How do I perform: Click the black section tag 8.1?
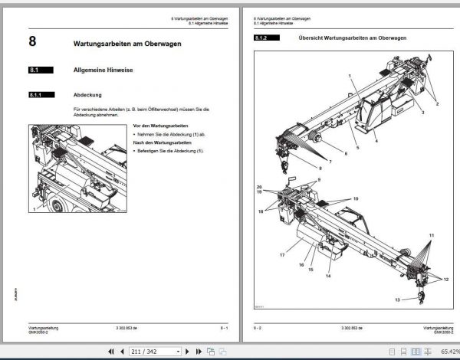[x=39, y=70]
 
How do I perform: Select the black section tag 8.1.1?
[x=39, y=97]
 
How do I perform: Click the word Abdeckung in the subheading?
[x=87, y=97]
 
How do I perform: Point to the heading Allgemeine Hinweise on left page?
[x=103, y=70]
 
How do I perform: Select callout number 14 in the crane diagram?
[x=328, y=275]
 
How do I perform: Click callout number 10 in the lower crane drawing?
[x=355, y=198]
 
